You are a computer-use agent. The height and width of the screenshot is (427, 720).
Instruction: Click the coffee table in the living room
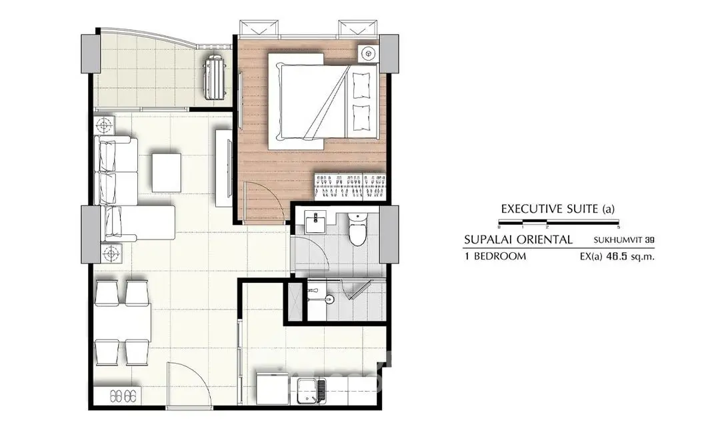point(166,172)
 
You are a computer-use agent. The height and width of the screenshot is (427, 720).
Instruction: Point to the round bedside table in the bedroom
point(367,54)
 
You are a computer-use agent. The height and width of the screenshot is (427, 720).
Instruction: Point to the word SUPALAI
point(487,240)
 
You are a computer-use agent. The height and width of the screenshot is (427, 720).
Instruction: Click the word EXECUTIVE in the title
point(531,209)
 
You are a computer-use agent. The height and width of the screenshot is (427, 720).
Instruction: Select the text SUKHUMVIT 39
point(623,240)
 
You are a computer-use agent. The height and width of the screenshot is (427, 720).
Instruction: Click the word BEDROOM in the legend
point(499,256)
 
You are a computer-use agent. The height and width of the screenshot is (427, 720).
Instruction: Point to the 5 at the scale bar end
point(619,227)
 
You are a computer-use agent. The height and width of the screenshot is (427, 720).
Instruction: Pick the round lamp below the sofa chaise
point(110,253)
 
